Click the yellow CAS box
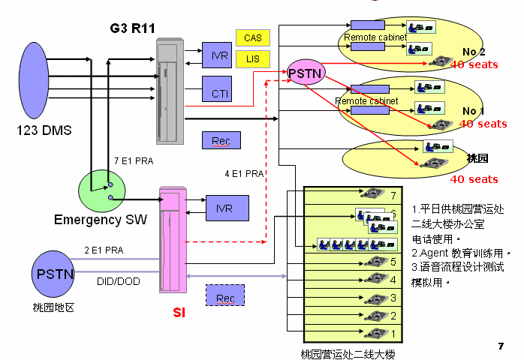252,37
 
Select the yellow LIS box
252,58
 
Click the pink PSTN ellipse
306,73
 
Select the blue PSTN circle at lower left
53,273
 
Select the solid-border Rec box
221,140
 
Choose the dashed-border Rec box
225,298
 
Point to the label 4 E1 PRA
245,174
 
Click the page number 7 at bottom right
501,346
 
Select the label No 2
474,51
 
